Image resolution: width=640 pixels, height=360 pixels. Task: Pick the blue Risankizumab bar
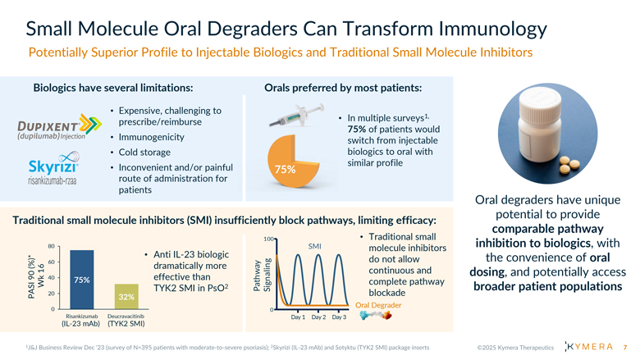(x=81, y=279)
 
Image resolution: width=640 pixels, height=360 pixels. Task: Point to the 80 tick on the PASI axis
(x=51, y=246)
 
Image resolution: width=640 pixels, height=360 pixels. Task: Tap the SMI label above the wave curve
(x=314, y=246)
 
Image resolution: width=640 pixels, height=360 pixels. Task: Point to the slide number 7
(x=625, y=347)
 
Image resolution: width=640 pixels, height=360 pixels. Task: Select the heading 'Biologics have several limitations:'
(x=113, y=88)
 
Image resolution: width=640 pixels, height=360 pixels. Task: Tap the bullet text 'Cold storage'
(x=144, y=152)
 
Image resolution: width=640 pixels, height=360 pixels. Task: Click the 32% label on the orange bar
(x=126, y=296)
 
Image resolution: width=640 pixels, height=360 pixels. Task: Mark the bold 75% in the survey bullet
(x=358, y=129)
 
